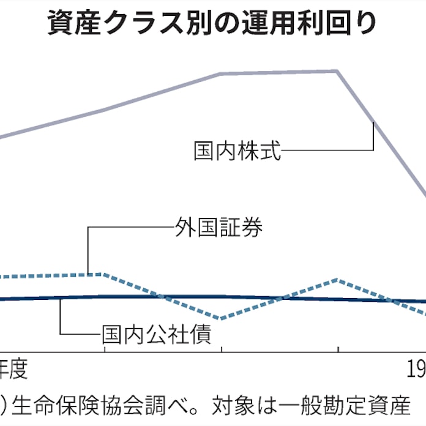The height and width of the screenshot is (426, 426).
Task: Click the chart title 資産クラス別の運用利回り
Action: point(212,24)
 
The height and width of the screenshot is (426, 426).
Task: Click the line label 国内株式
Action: point(237,151)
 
